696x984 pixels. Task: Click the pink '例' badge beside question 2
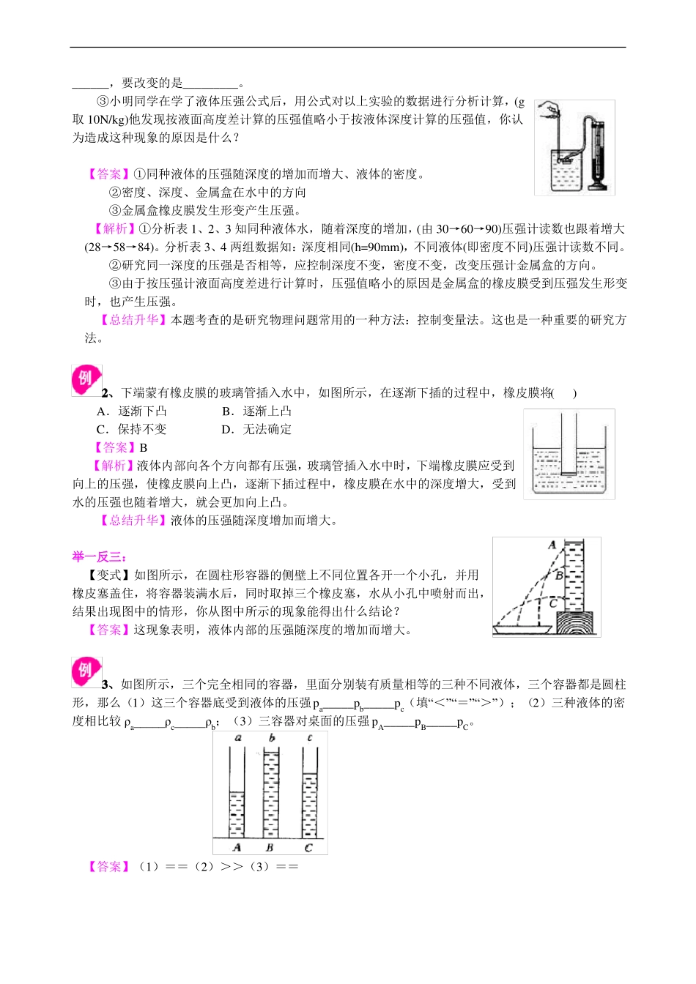point(86,379)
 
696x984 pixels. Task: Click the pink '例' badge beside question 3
point(86,671)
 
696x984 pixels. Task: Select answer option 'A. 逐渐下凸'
point(132,411)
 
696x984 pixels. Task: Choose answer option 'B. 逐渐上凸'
point(256,411)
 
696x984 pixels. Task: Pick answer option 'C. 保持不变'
point(132,430)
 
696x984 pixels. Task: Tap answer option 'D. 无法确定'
point(256,430)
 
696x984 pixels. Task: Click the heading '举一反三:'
point(100,557)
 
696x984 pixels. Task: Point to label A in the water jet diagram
point(552,545)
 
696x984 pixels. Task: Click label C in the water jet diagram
point(554,603)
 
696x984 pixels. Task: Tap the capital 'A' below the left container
point(237,847)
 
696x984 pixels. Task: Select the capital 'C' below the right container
point(308,847)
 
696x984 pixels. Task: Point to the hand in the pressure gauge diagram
point(548,111)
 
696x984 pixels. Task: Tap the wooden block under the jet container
point(578,624)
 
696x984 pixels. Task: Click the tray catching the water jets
point(525,628)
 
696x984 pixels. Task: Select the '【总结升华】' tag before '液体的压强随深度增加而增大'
point(133,521)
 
